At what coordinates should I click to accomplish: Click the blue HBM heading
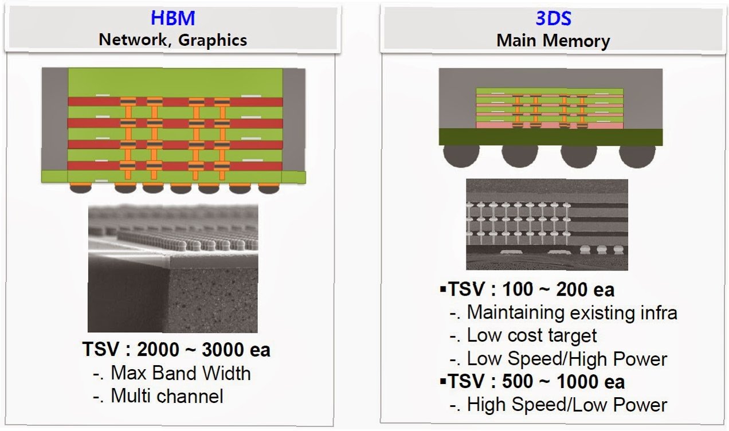pyautogui.click(x=173, y=18)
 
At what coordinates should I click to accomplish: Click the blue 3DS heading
pyautogui.click(x=553, y=18)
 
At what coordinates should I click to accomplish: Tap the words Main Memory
pyautogui.click(x=553, y=41)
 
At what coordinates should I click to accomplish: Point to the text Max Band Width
pyautogui.click(x=181, y=373)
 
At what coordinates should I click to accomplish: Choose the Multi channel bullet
pyautogui.click(x=167, y=395)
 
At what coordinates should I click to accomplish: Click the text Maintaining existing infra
pyautogui.click(x=572, y=312)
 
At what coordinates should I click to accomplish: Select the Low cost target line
pyautogui.click(x=532, y=335)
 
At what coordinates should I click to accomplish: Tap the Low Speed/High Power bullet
pyautogui.click(x=567, y=359)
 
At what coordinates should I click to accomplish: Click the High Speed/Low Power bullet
pyautogui.click(x=567, y=405)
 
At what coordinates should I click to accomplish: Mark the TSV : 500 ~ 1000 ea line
pyautogui.click(x=536, y=382)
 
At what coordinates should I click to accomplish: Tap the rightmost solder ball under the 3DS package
pyautogui.click(x=636, y=155)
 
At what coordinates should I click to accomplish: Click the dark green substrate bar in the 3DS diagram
pyautogui.click(x=550, y=136)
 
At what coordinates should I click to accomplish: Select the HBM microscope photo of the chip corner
pyautogui.click(x=173, y=268)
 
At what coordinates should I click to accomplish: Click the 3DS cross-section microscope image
pyautogui.click(x=546, y=224)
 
